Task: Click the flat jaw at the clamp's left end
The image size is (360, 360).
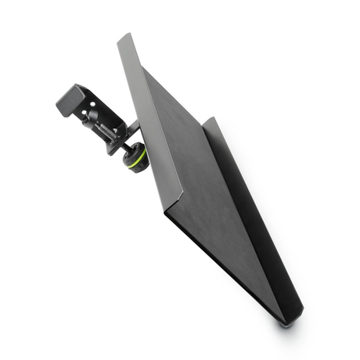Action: (x=62, y=105)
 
